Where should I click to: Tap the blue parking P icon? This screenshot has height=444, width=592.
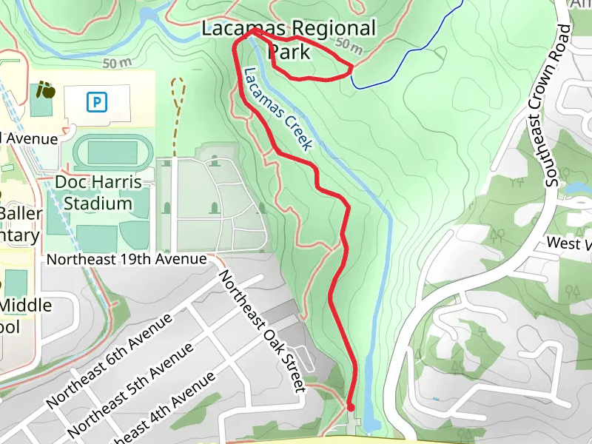(x=96, y=101)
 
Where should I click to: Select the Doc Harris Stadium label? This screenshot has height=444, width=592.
(x=98, y=192)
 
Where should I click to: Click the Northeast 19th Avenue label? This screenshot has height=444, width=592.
(x=126, y=260)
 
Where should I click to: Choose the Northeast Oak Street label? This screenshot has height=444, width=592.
(x=262, y=330)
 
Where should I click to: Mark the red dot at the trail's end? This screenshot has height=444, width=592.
(x=350, y=407)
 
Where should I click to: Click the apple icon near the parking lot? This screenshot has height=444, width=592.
(x=46, y=91)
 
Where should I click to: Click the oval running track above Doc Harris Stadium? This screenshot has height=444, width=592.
(x=112, y=152)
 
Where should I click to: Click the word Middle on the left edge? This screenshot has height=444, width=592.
(x=27, y=306)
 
